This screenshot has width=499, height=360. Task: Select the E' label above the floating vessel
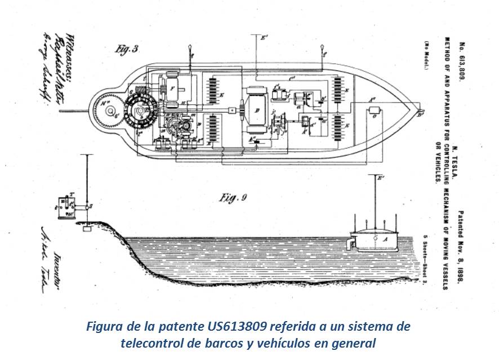point(381,179)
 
